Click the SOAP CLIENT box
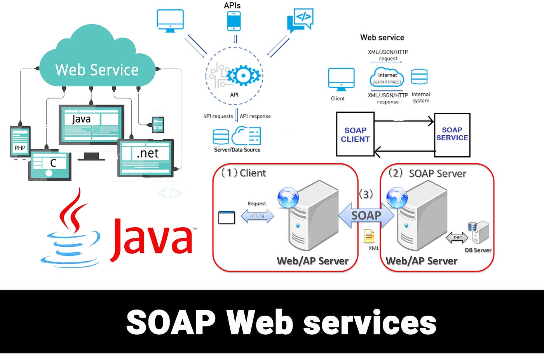click(x=355, y=135)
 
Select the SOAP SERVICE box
click(x=452, y=135)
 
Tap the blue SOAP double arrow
click(x=366, y=215)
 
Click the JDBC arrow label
click(x=457, y=238)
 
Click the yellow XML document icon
click(x=369, y=236)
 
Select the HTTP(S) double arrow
click(x=257, y=216)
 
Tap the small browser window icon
click(x=227, y=217)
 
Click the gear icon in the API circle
click(x=243, y=75)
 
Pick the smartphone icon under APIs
click(x=234, y=21)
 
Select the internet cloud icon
click(x=387, y=77)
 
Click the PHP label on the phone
click(x=20, y=148)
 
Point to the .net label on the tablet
click(x=147, y=153)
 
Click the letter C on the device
click(x=53, y=163)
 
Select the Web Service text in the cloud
click(x=97, y=70)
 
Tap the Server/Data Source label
click(x=237, y=150)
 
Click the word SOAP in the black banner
click(x=171, y=322)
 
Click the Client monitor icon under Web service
click(x=341, y=79)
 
